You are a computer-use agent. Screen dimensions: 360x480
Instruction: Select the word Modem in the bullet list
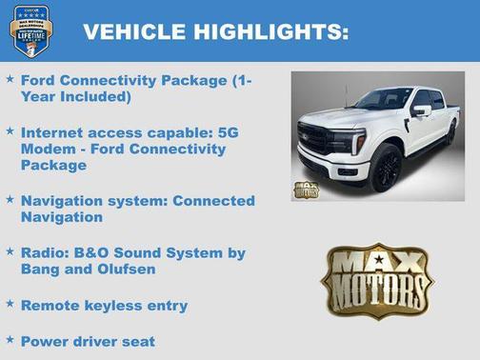click(x=45, y=150)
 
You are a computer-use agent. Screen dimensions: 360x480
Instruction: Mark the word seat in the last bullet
click(x=135, y=340)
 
